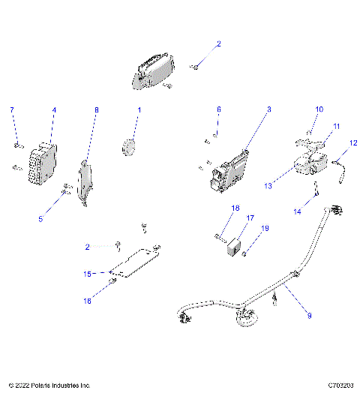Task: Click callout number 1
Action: tap(138, 110)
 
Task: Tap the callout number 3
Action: tap(268, 110)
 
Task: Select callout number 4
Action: tap(54, 110)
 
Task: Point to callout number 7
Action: tap(11, 110)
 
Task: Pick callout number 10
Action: tap(318, 109)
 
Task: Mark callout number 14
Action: tap(296, 212)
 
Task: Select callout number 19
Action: tap(265, 228)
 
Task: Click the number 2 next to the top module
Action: tap(219, 44)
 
